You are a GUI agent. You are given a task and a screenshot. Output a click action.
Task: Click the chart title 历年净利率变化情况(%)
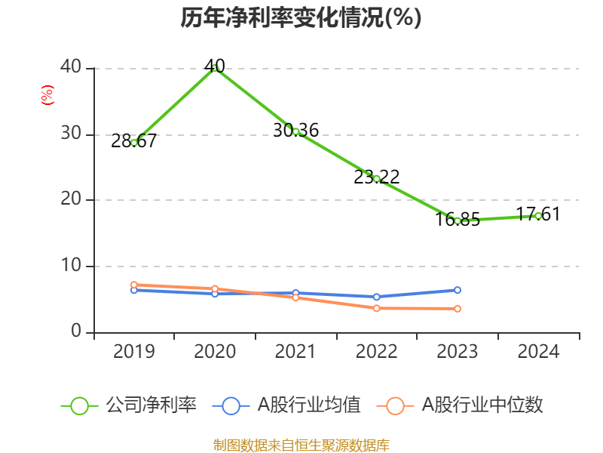click(301, 18)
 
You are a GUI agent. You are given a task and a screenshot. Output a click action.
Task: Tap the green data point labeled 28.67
click(134, 143)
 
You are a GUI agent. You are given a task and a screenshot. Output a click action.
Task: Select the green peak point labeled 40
click(215, 68)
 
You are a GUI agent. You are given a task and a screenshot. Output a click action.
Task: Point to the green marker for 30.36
click(295, 131)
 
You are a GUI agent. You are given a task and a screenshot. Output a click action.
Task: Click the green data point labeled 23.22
click(377, 179)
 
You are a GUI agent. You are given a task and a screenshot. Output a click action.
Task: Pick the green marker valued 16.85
click(458, 220)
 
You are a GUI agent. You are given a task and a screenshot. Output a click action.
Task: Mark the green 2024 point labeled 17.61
click(538, 216)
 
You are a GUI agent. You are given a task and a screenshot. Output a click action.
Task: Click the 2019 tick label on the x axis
click(134, 352)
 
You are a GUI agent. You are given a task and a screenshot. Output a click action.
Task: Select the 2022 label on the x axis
click(377, 352)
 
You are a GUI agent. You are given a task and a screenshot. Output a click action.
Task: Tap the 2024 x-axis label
click(538, 352)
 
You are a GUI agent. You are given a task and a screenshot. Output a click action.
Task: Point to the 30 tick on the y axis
click(73, 134)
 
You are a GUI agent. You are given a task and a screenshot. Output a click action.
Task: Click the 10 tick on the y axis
click(73, 267)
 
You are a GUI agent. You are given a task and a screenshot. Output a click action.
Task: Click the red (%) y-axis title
click(47, 96)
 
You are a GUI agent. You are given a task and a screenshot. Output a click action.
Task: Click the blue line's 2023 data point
click(458, 290)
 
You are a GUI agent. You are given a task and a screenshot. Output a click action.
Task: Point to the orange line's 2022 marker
click(377, 308)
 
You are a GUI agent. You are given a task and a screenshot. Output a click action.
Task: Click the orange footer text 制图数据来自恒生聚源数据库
click(301, 445)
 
